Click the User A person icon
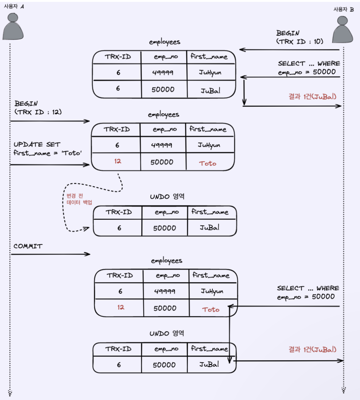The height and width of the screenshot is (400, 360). [x=13, y=27]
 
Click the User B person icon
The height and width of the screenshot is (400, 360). [x=342, y=30]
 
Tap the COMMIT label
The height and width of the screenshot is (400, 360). [x=28, y=246]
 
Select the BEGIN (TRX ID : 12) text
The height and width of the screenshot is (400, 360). [x=38, y=108]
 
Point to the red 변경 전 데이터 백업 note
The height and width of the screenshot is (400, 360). [x=79, y=199]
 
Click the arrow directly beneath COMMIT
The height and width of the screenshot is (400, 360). [x=51, y=254]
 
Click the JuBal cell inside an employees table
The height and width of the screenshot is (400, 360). [x=211, y=91]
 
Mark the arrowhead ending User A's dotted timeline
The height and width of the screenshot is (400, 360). [x=10, y=393]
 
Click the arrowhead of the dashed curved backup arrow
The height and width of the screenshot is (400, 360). [x=87, y=229]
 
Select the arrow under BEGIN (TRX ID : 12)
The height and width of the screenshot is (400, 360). [x=50, y=121]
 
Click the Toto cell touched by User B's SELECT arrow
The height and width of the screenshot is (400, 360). [x=211, y=310]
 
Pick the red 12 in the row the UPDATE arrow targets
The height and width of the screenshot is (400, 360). [x=117, y=161]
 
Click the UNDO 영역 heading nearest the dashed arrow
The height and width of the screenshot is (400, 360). [x=167, y=197]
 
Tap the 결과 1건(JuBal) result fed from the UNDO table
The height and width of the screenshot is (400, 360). [x=312, y=349]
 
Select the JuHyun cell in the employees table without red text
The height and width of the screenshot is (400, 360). [x=211, y=73]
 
